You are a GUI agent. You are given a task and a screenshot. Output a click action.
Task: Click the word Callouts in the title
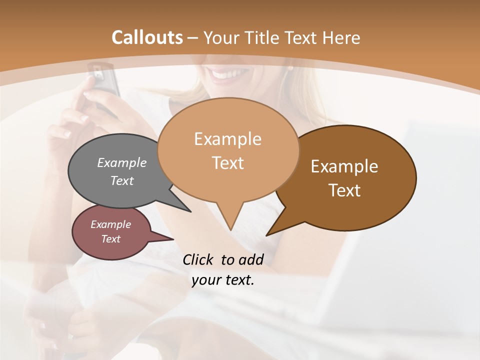click(x=147, y=37)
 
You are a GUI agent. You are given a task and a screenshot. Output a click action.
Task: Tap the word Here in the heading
click(x=340, y=37)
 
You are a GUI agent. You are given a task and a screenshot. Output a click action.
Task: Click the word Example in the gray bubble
click(x=122, y=162)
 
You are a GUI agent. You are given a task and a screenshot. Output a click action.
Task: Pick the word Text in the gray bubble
click(x=122, y=180)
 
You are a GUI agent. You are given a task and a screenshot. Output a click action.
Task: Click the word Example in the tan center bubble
click(x=227, y=139)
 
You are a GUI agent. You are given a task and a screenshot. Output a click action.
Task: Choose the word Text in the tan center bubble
click(x=227, y=163)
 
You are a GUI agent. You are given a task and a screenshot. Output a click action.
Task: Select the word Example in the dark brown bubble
click(x=344, y=166)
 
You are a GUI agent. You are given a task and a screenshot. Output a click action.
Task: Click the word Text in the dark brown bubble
click(x=344, y=190)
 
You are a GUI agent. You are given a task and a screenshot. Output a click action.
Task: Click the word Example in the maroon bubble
click(x=110, y=224)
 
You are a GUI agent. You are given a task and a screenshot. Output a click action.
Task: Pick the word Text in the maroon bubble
click(x=110, y=239)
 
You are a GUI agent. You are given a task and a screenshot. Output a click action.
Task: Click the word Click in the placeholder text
click(x=199, y=259)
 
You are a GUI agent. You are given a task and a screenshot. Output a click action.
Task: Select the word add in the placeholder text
click(x=251, y=259)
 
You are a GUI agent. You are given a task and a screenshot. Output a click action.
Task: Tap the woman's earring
click(x=290, y=68)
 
